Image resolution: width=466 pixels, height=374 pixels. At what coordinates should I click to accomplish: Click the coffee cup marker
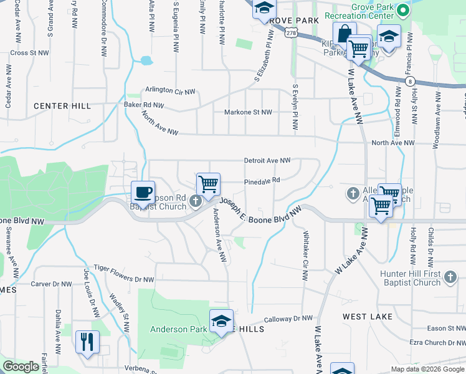(x=143, y=192)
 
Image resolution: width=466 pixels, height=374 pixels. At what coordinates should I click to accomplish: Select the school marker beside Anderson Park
(x=221, y=321)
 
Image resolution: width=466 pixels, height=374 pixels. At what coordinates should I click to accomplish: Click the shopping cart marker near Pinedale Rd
(x=208, y=185)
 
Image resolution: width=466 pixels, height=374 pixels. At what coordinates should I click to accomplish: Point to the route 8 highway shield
(x=409, y=81)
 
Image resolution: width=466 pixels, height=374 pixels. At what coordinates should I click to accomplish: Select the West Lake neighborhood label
(x=368, y=317)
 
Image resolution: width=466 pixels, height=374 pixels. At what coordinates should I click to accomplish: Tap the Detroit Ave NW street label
(x=267, y=160)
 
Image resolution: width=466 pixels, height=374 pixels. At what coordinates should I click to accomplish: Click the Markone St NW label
(x=248, y=112)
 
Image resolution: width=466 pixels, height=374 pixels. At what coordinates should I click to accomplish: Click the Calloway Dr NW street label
(x=288, y=319)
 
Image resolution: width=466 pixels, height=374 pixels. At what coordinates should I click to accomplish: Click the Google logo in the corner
(x=21, y=367)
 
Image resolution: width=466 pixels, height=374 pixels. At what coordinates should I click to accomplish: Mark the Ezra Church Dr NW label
(x=437, y=342)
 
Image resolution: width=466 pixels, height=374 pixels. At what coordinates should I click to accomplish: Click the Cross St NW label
(x=29, y=53)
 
